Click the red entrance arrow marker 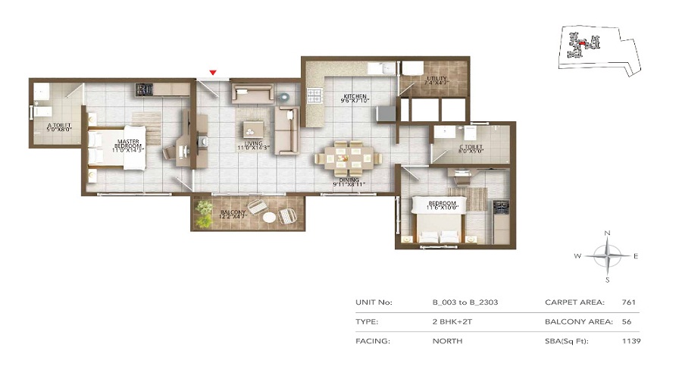click(214, 73)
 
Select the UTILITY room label click(438, 78)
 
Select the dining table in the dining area click(346, 158)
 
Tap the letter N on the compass click(607, 233)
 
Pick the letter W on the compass click(578, 256)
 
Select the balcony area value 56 click(627, 322)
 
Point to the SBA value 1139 click(630, 342)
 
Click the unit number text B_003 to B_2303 click(465, 302)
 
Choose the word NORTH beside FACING click(447, 342)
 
